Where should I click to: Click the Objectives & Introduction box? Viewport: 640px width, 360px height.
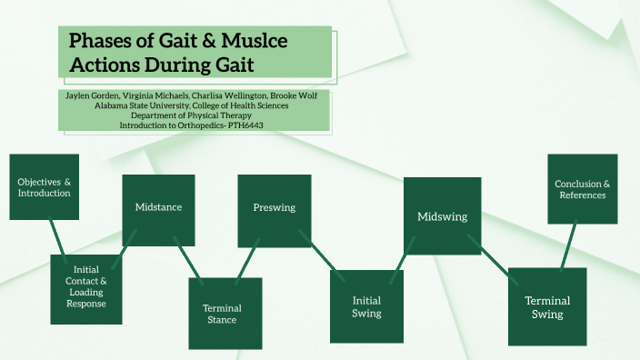coord(45,187)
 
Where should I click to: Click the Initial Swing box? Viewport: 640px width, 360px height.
coord(366,306)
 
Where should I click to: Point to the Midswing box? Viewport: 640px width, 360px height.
coord(442,217)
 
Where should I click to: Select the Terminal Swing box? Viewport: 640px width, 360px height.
coord(547,306)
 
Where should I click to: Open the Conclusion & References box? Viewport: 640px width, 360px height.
coord(583,189)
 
